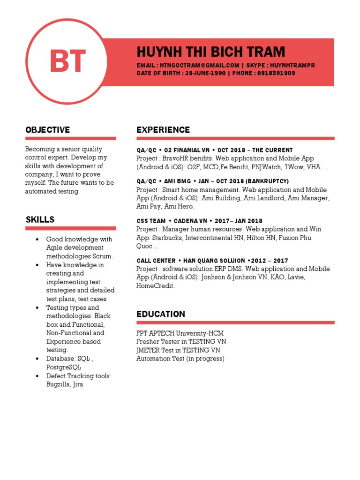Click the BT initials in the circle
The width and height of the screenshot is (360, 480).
(x=68, y=61)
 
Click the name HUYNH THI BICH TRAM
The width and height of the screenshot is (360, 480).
(x=210, y=52)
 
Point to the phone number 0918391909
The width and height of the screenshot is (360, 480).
(x=276, y=74)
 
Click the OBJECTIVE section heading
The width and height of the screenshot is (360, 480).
(x=48, y=130)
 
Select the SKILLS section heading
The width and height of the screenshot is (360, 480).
(x=40, y=219)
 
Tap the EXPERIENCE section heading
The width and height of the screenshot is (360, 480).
(x=163, y=130)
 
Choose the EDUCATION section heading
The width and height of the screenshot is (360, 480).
(x=161, y=314)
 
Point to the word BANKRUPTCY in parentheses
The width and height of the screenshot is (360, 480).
(x=266, y=181)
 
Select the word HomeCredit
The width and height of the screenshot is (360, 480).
(x=155, y=286)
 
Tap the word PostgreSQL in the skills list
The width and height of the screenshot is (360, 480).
(x=63, y=367)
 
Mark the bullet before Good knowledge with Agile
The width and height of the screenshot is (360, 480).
(x=37, y=240)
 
